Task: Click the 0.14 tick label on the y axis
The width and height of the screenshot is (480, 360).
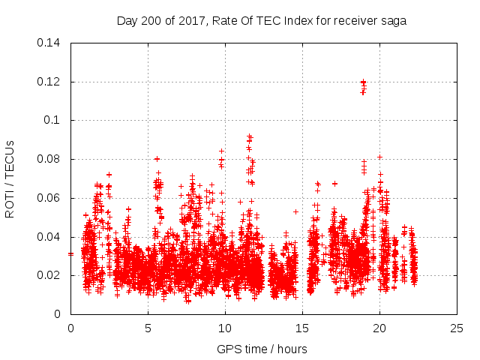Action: point(51,43)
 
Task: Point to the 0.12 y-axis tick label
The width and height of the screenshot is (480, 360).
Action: point(51,82)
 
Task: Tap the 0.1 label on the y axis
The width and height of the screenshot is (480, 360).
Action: point(55,120)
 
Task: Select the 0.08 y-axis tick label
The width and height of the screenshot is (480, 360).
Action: point(51,159)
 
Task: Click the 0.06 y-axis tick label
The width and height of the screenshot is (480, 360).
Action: point(51,198)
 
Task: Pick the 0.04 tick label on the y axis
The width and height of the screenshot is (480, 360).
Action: point(51,237)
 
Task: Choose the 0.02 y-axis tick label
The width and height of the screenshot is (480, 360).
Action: point(51,275)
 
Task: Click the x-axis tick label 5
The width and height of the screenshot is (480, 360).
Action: point(148,328)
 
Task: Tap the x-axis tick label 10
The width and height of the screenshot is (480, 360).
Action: point(225,328)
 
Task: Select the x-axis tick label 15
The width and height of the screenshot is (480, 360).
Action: point(302,328)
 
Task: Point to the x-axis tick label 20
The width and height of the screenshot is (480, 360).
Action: point(379,328)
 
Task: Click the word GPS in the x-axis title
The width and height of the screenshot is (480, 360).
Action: point(228,349)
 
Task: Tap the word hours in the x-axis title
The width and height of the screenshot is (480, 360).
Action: point(291,349)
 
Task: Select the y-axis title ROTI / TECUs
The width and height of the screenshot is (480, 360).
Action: point(10,178)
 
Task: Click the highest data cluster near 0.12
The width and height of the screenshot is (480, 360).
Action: point(363,85)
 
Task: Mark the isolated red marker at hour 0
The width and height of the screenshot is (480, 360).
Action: point(70,254)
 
